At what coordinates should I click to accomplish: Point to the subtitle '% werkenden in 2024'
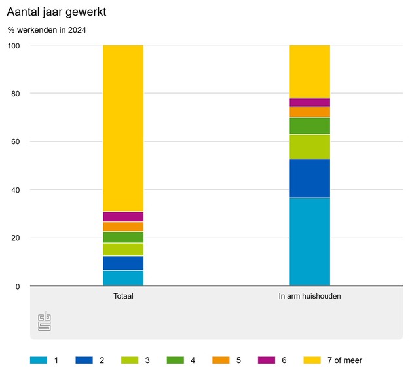pyautogui.click(x=47, y=30)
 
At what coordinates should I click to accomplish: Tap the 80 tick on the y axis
pyautogui.click(x=14, y=94)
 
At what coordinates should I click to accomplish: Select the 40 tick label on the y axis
pyautogui.click(x=14, y=190)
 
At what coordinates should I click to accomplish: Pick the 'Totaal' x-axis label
pyautogui.click(x=123, y=296)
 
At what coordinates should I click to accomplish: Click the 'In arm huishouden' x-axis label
pyautogui.click(x=310, y=296)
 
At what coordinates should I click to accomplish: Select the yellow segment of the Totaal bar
pyautogui.click(x=123, y=128)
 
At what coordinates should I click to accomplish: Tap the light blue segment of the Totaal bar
pyautogui.click(x=123, y=278)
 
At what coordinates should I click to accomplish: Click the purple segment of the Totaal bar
pyautogui.click(x=123, y=217)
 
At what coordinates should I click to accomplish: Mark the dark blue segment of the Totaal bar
pyautogui.click(x=123, y=263)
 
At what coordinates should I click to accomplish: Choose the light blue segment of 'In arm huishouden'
pyautogui.click(x=310, y=242)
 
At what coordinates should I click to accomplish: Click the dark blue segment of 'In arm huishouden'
pyautogui.click(x=310, y=178)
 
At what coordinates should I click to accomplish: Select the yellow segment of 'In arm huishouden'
pyautogui.click(x=310, y=71)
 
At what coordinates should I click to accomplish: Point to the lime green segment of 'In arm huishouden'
pyautogui.click(x=310, y=147)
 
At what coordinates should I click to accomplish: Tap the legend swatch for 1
pyautogui.click(x=39, y=360)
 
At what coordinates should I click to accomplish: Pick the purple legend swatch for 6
pyautogui.click(x=268, y=360)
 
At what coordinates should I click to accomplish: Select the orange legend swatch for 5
pyautogui.click(x=222, y=360)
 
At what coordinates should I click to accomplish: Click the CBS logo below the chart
pyautogui.click(x=45, y=321)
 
